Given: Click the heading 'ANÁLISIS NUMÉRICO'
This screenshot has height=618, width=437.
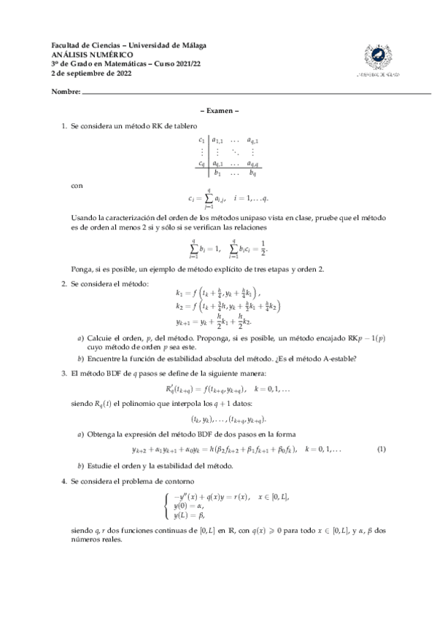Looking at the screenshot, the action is tap(92, 55).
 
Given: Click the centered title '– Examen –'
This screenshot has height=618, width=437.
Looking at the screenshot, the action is tap(219, 112).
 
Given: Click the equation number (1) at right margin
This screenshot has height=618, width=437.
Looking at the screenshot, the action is tap(381, 450).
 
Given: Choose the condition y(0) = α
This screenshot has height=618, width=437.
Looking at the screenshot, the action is tap(192, 506).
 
